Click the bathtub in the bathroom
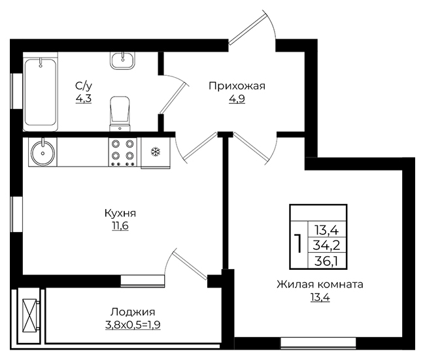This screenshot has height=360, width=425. coord(41,91)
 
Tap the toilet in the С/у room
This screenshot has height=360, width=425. coord(120,114)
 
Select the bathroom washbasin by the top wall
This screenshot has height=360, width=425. coord(122,60)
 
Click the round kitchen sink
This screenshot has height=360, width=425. coord(42,152)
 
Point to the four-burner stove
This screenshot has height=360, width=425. coord(123,152)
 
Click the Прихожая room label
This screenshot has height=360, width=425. coord(237,86)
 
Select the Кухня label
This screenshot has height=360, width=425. coord(120,214)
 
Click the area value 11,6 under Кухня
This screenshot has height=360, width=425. coord(120,225)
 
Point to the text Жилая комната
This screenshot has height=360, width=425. coord(320,285)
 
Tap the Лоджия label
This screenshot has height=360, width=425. coord(133,312)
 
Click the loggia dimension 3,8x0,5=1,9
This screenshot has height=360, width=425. coord(133,324)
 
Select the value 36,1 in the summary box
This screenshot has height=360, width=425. coord(326,261)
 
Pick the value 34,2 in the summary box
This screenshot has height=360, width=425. coord(326,246)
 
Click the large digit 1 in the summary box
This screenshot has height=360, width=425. coord(299,244)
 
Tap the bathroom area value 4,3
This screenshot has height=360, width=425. coord(84,98)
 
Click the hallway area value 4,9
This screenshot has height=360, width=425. coord(237,99)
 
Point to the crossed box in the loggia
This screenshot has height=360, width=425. coord(29,315)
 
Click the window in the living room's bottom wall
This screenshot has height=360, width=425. coord(318,342)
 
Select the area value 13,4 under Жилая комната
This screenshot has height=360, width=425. coord(320,297)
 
